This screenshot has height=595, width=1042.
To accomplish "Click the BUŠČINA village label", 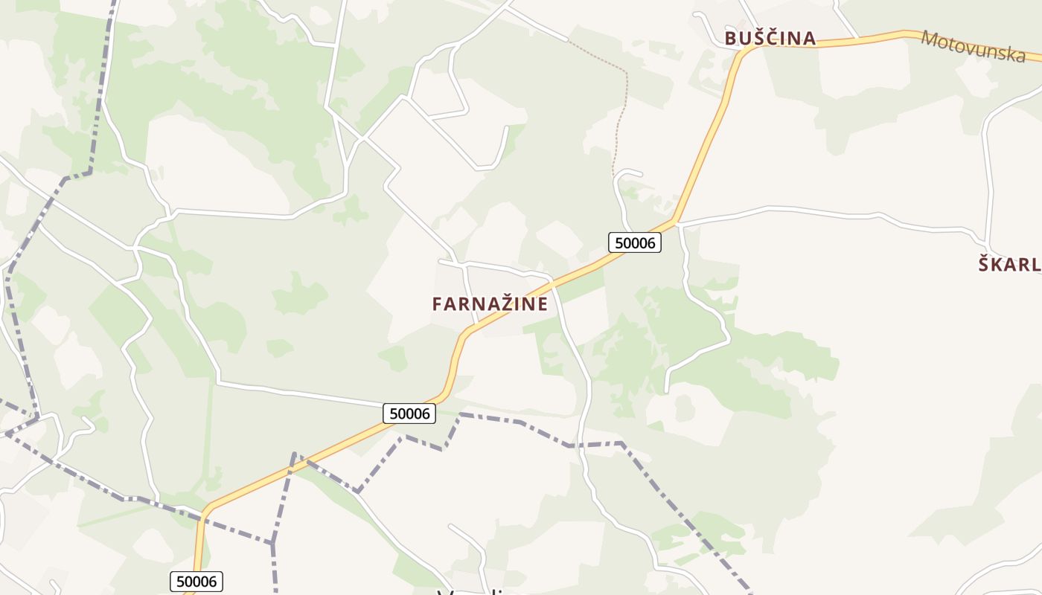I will (770, 38).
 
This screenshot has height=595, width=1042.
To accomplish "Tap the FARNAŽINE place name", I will (490, 303).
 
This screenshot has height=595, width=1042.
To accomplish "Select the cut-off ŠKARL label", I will (1009, 264).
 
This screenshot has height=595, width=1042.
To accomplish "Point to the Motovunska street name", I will (973, 46).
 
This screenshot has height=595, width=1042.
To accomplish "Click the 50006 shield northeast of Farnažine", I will (635, 242).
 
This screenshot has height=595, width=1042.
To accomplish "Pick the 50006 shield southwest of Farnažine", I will (409, 414).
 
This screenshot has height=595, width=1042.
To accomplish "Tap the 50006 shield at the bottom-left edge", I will (196, 581).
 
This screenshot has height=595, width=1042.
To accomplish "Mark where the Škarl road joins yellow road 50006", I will (675, 222).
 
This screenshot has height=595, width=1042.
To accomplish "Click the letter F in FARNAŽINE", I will (437, 304).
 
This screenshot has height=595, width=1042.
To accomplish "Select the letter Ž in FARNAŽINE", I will (500, 303).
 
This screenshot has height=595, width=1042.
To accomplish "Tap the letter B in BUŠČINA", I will (730, 39).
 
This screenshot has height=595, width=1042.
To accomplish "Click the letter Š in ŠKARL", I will (984, 264).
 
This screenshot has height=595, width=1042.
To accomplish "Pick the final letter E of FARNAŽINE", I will (543, 304).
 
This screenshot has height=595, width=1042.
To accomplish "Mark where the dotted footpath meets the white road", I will (568, 39).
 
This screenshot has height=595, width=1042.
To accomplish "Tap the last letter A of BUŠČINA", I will (809, 39).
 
